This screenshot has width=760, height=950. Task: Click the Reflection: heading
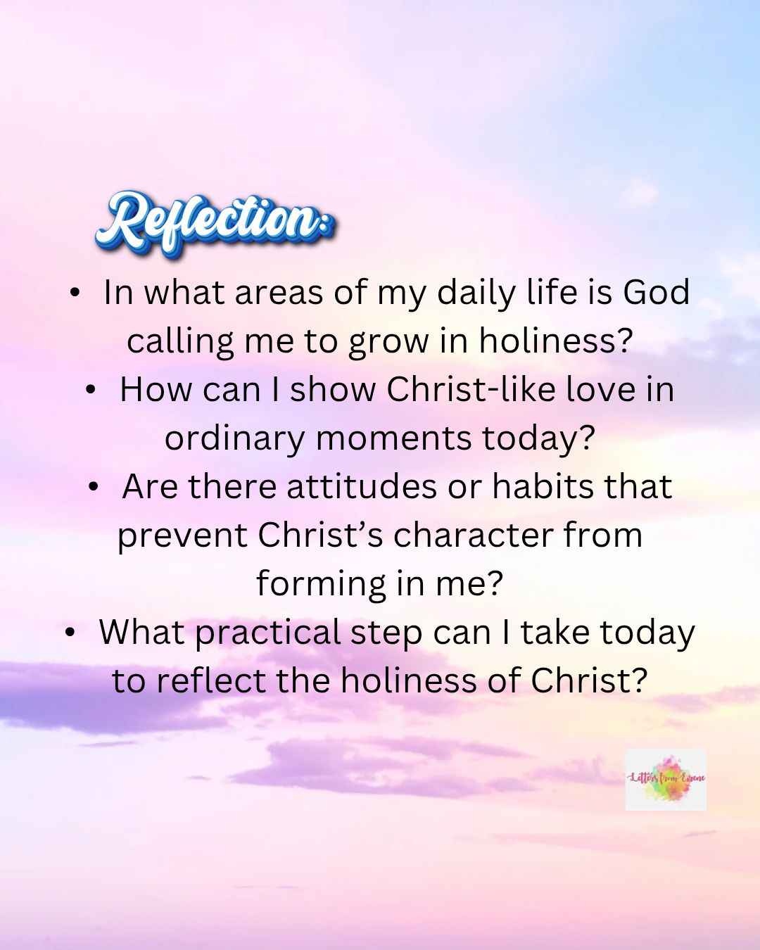pos(215,223)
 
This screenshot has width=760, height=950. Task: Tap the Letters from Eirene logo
pos(666,779)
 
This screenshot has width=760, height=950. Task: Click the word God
pos(657,292)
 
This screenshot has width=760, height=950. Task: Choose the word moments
pos(393,440)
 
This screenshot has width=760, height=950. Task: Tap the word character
pos(474,535)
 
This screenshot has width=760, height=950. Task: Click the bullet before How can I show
pos(91,390)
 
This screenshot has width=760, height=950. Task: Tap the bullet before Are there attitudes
pos(93,488)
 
